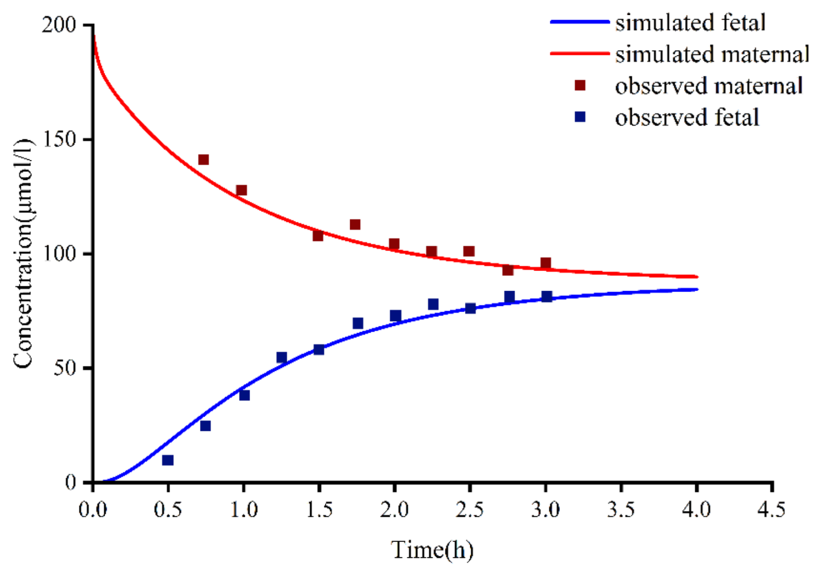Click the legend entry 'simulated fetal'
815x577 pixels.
pyautogui.click(x=690, y=23)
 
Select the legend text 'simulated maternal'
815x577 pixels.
pyautogui.click(x=712, y=54)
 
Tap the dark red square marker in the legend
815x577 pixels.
pyautogui.click(x=580, y=86)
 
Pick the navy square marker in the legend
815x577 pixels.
pyautogui.click(x=580, y=117)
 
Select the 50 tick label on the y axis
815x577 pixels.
pyautogui.click(x=65, y=368)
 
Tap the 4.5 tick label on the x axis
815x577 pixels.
pyautogui.click(x=772, y=509)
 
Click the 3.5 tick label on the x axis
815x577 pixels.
pyautogui.click(x=621, y=509)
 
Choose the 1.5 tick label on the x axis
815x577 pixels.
pyautogui.click(x=319, y=509)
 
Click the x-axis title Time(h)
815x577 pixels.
pyautogui.click(x=432, y=550)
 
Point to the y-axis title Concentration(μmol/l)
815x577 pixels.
pyautogui.click(x=23, y=253)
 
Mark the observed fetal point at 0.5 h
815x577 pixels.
pyautogui.click(x=168, y=460)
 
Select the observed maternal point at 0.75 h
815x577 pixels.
pyautogui.click(x=203, y=160)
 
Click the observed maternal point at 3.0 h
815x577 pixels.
pyautogui.click(x=546, y=263)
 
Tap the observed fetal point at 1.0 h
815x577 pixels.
pyautogui.click(x=244, y=395)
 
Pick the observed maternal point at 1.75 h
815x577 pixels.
pyautogui.click(x=355, y=225)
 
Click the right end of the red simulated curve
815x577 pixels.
pyautogui.click(x=697, y=276)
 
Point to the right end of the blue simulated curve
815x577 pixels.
pyautogui.click(x=697, y=289)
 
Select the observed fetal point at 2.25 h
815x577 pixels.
pyautogui.click(x=433, y=304)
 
